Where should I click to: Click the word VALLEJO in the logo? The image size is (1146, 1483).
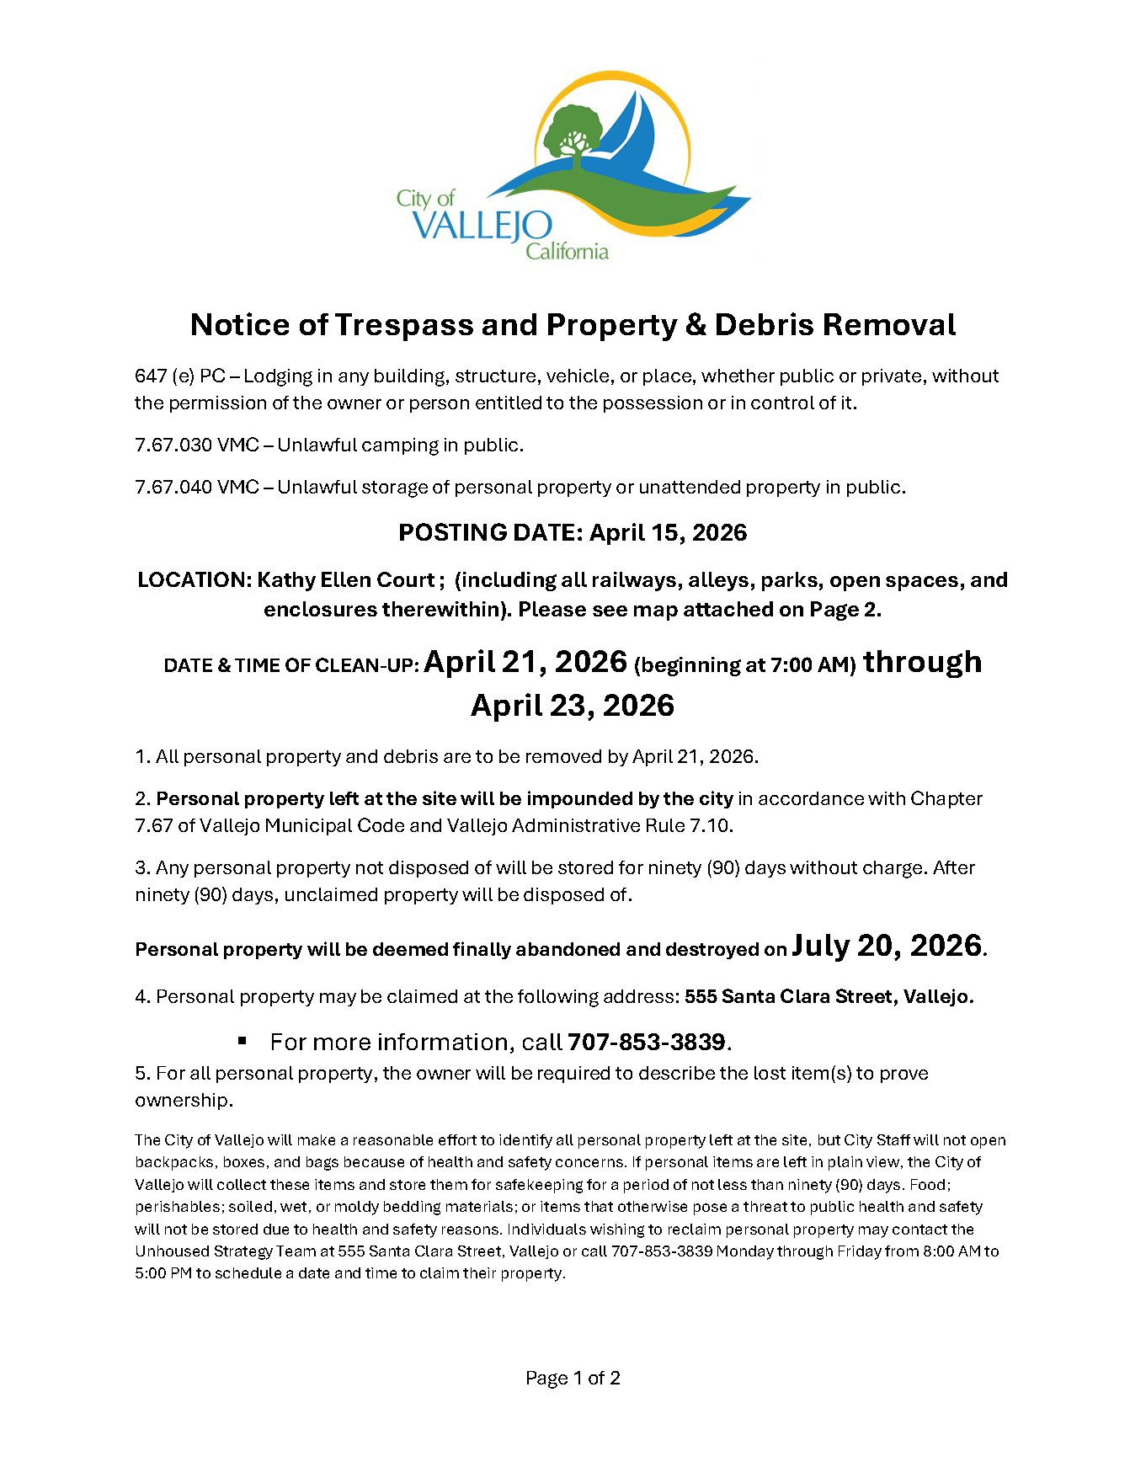tap(482, 226)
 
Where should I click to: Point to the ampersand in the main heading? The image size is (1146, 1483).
tap(696, 325)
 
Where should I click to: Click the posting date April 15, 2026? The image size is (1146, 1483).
tap(668, 532)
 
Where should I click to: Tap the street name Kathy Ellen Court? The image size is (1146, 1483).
tap(344, 580)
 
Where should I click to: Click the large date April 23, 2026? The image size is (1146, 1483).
tap(573, 706)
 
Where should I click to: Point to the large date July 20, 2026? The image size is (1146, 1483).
tap(886, 946)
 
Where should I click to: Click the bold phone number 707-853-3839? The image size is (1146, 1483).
tap(647, 1043)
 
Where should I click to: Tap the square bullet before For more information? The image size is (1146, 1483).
tap(243, 1042)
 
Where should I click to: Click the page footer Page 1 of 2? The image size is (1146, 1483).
tap(573, 1379)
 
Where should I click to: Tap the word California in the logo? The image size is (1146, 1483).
tap(567, 251)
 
